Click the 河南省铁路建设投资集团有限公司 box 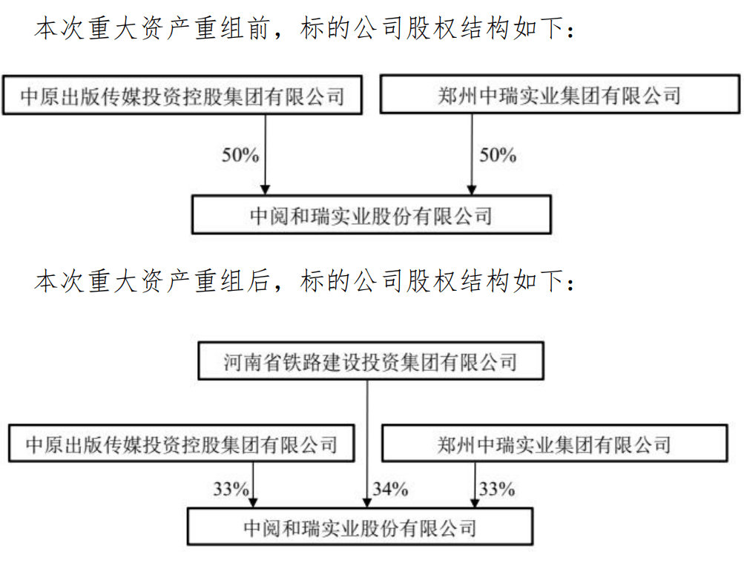click(370, 363)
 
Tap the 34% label click(390, 489)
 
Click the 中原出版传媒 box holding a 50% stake click(182, 96)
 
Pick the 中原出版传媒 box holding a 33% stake click(181, 444)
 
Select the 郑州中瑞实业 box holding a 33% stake click(554, 444)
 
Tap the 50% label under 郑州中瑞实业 click(497, 155)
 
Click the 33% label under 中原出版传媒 click(231, 489)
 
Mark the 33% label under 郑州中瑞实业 click(496, 489)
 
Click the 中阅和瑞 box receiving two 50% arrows click(371, 215)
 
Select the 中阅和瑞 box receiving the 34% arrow click(359, 528)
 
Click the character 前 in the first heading click(256, 30)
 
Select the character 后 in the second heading click(256, 282)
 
